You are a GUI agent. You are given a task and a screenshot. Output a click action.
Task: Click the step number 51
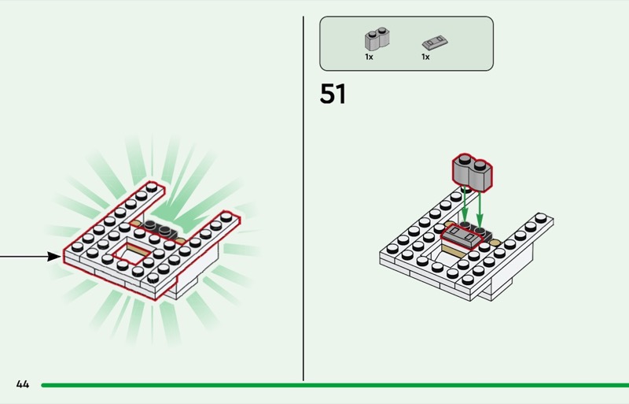click(x=333, y=95)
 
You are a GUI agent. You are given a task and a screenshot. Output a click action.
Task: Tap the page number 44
click(x=22, y=384)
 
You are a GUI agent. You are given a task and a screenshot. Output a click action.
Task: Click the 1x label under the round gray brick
click(x=369, y=57)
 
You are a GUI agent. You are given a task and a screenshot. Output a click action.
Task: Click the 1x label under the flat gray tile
click(x=425, y=57)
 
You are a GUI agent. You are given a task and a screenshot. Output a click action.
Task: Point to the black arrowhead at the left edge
click(x=55, y=256)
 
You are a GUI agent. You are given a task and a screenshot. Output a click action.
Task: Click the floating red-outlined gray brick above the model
click(x=472, y=171)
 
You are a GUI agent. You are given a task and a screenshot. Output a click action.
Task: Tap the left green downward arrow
click(x=465, y=206)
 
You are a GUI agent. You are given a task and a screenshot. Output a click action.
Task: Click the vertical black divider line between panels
click(x=303, y=197)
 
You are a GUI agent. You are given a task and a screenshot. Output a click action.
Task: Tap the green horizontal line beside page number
click(x=330, y=385)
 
